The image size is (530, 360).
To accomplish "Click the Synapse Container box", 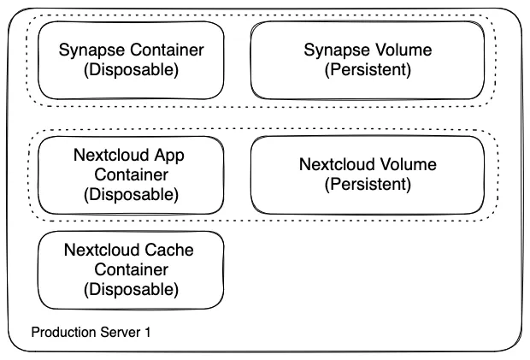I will click(x=132, y=60).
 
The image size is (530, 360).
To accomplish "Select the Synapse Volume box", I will click(x=368, y=60).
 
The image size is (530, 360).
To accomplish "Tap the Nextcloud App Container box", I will click(x=132, y=174).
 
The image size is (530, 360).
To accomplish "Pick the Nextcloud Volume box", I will click(x=368, y=174).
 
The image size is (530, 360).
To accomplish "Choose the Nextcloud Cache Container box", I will click(x=132, y=270).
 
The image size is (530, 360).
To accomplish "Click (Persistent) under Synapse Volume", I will click(x=368, y=70).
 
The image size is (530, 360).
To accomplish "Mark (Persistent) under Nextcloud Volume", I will click(x=368, y=184).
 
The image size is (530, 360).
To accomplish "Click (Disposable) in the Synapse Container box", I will click(x=132, y=70).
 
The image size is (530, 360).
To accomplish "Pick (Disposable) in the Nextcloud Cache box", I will click(x=132, y=289).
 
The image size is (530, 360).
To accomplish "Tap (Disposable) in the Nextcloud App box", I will click(x=132, y=194).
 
